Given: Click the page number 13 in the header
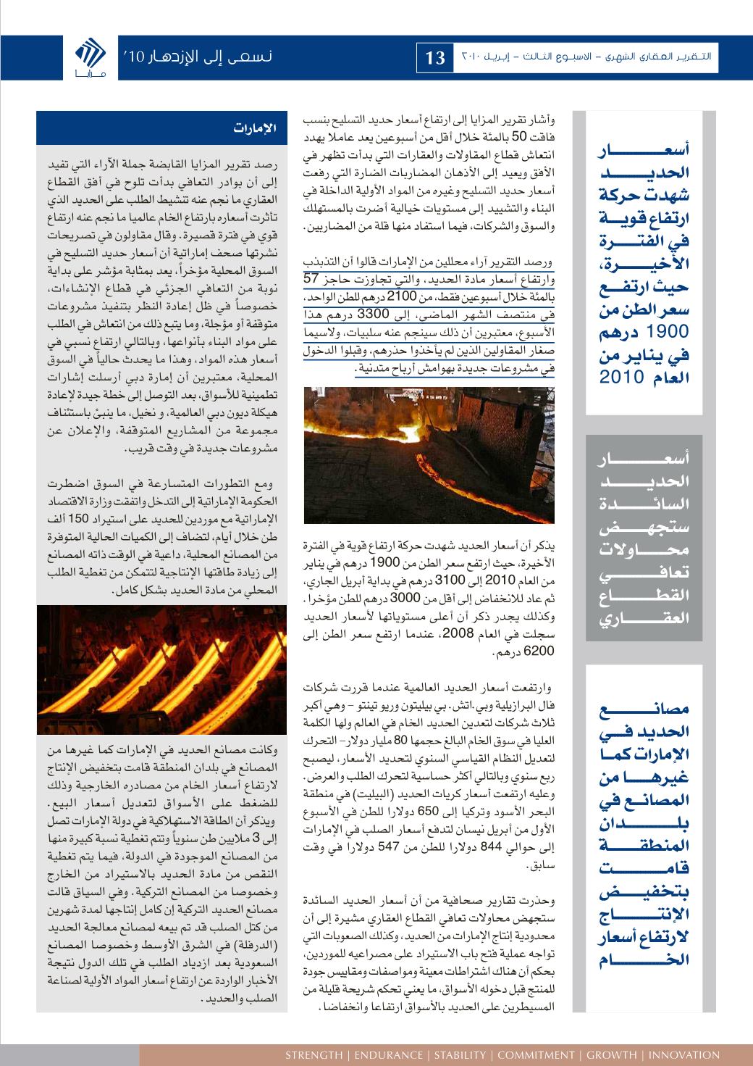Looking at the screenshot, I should [436, 58].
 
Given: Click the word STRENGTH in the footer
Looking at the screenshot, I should [314, 1055].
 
